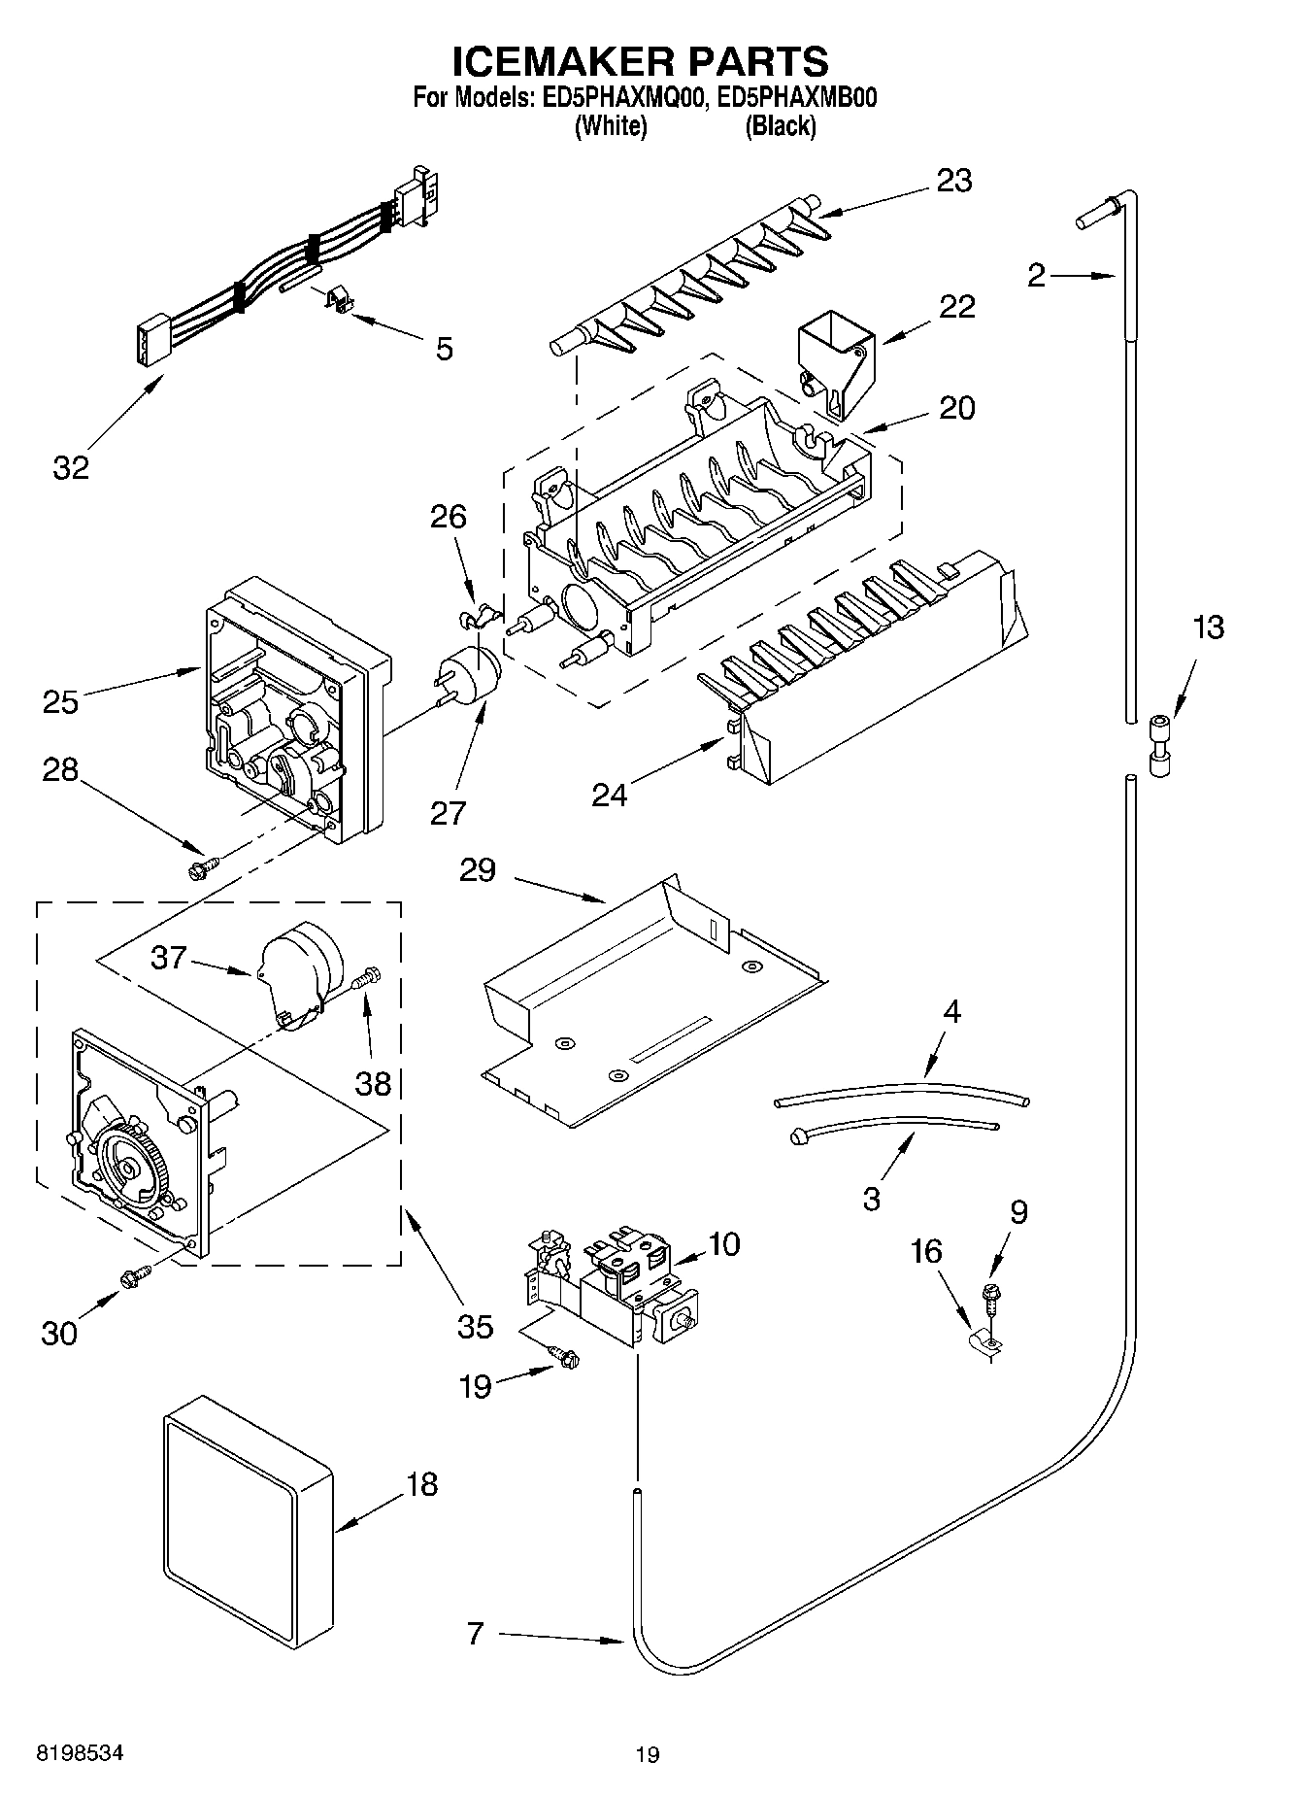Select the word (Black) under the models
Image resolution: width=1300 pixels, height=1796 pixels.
pos(780,125)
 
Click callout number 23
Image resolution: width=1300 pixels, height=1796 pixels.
pos(953,181)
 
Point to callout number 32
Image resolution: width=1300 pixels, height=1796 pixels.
pos(71,467)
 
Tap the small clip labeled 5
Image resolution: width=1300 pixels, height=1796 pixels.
pos(335,300)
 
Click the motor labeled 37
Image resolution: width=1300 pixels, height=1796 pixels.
pos(298,969)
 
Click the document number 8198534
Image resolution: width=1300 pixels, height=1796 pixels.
pos(80,1753)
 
